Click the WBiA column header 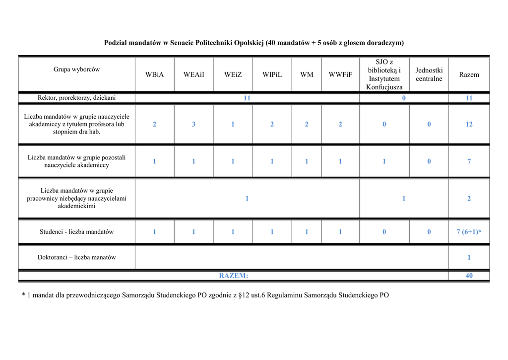[154, 74]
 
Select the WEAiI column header [193, 74]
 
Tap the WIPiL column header [272, 74]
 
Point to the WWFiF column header [340, 74]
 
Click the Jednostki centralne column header [429, 74]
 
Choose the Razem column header [469, 74]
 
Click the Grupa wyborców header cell [77, 70]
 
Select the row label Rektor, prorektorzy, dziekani [77, 98]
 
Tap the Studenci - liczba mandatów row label [77, 232]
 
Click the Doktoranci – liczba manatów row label [77, 257]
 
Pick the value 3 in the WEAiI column [193, 124]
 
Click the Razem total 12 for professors [469, 124]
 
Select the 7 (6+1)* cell [469, 232]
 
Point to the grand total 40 [469, 276]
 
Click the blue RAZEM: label [234, 276]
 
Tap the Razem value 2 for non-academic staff [469, 199]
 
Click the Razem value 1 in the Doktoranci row [469, 257]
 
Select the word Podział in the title [115, 43]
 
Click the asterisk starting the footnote [23, 295]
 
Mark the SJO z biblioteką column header [384, 74]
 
